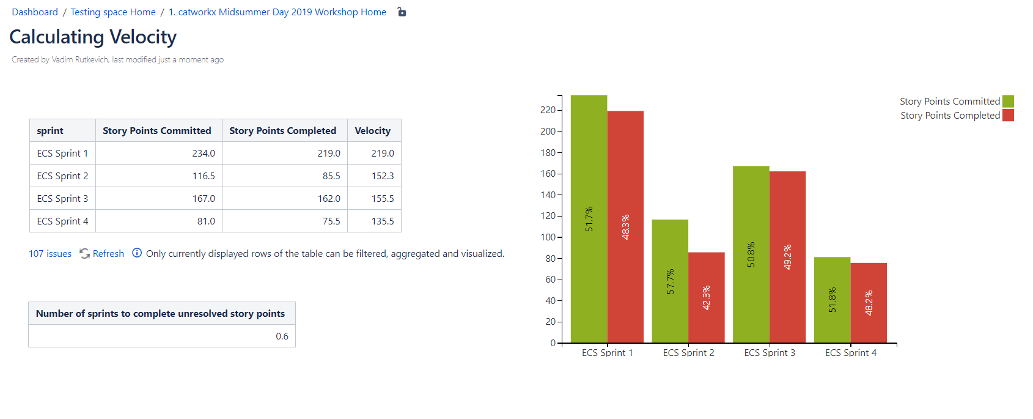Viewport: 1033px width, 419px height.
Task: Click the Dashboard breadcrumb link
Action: [x=35, y=12]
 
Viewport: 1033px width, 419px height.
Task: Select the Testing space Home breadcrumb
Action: [x=113, y=12]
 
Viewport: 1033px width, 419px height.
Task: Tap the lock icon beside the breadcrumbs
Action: [x=402, y=12]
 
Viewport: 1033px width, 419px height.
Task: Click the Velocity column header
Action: [x=372, y=131]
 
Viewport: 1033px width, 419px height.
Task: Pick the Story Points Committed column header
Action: [x=157, y=131]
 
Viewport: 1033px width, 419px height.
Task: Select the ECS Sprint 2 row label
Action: [x=62, y=176]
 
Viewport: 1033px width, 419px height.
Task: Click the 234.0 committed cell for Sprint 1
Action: [x=204, y=154]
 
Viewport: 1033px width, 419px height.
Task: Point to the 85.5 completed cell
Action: [x=331, y=176]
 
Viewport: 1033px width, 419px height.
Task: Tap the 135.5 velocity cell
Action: [x=383, y=221]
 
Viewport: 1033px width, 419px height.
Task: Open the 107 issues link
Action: [x=50, y=254]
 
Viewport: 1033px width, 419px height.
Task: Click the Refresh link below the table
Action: [x=108, y=254]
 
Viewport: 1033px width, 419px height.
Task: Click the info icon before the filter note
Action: [x=137, y=253]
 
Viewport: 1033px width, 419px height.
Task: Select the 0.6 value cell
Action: [x=282, y=336]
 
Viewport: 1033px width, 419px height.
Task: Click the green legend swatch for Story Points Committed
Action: [x=1008, y=102]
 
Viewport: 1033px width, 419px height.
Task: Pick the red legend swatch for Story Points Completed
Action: [x=1008, y=115]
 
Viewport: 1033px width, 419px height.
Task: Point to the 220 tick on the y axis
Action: [x=548, y=110]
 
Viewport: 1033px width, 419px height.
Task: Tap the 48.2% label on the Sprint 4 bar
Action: [x=869, y=303]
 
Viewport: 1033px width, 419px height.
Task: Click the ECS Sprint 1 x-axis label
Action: [x=607, y=353]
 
